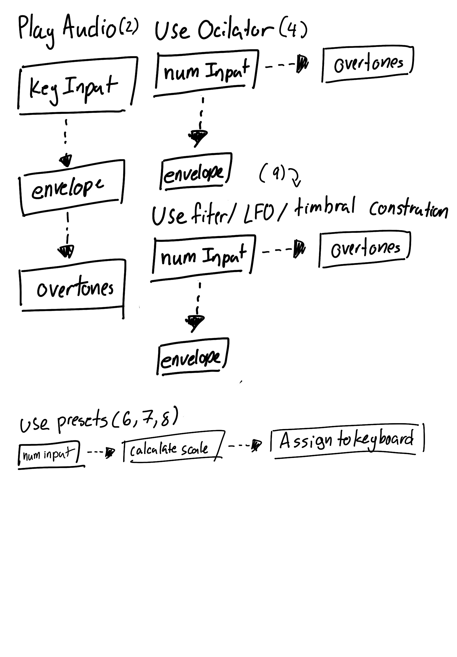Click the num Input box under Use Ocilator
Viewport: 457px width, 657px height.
(x=206, y=72)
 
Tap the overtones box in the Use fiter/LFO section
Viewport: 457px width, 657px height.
(x=365, y=249)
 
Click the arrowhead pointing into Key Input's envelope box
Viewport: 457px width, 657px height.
(x=66, y=160)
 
